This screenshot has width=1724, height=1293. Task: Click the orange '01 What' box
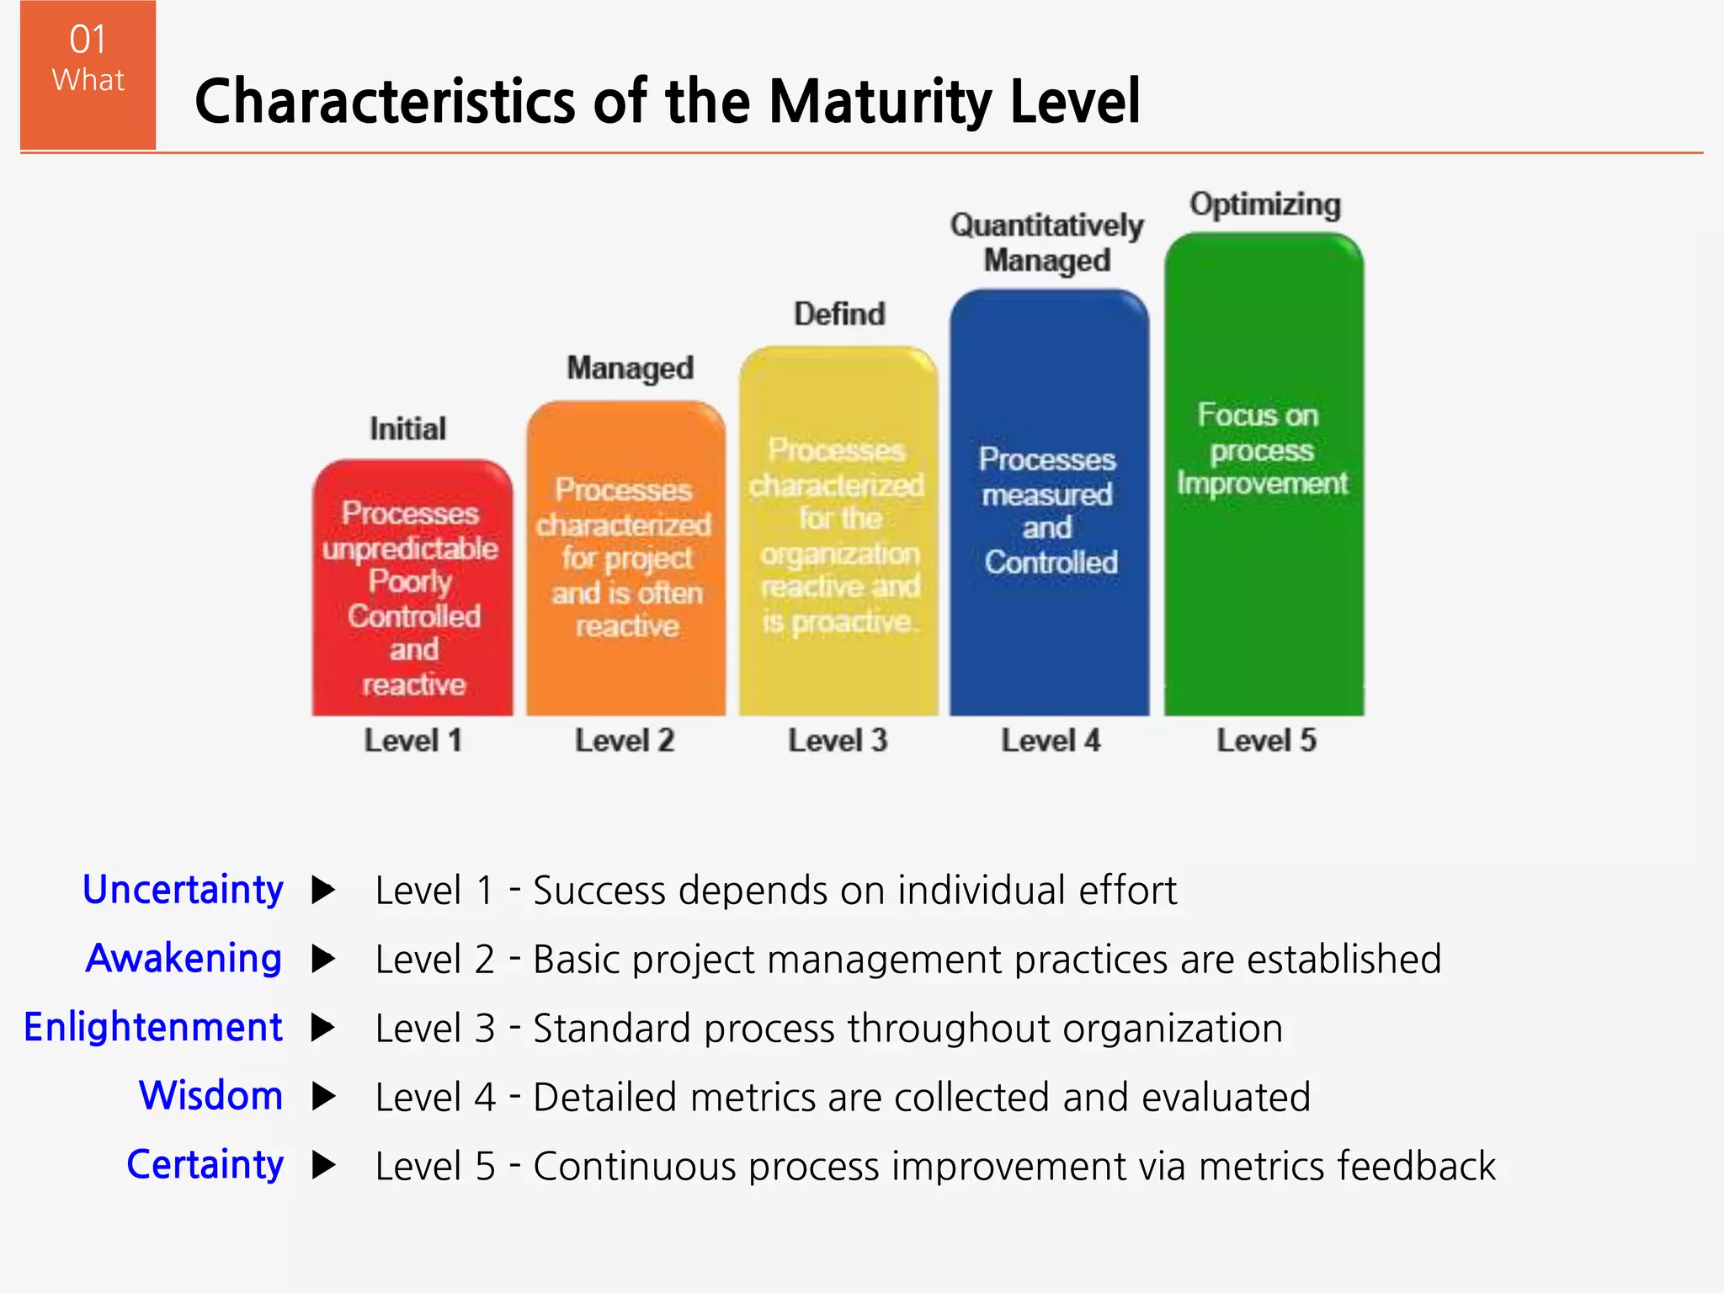point(88,74)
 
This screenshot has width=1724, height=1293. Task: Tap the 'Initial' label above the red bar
point(407,429)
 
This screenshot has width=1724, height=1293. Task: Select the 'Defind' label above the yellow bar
point(839,315)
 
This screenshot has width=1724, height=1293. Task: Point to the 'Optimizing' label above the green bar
point(1264,205)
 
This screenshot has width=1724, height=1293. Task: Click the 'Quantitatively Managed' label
point(1046,242)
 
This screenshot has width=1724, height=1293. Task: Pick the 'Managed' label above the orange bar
point(630,369)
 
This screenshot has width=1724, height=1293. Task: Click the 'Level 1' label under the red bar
point(412,741)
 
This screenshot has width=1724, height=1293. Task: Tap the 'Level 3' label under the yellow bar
point(838,741)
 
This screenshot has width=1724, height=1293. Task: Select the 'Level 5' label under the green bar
point(1265,741)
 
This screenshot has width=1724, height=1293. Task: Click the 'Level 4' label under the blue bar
point(1050,741)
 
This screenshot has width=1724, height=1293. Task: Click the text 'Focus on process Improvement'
point(1261,450)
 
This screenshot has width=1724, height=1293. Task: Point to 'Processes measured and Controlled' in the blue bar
point(1049,511)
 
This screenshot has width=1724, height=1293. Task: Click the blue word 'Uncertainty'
point(183,890)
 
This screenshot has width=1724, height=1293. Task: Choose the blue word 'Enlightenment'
point(153,1028)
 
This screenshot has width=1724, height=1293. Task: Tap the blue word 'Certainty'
point(205,1165)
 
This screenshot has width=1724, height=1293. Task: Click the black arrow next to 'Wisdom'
point(323,1096)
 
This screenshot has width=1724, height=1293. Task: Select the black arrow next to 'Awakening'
point(323,959)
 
